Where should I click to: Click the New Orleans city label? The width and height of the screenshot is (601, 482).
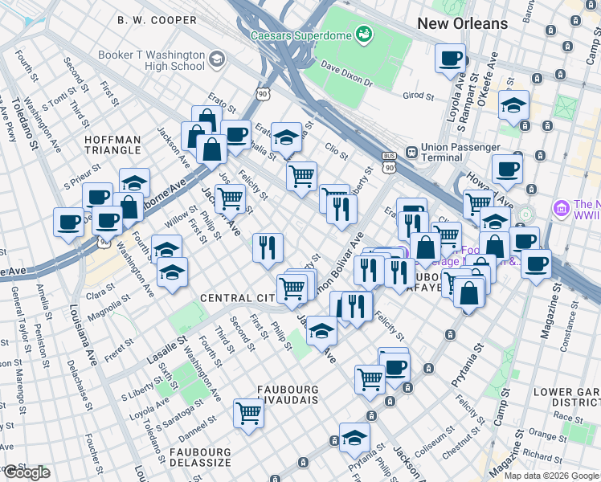click(x=462, y=23)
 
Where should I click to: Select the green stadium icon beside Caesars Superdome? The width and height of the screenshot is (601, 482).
click(x=364, y=34)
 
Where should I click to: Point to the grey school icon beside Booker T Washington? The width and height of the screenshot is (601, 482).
click(x=216, y=59)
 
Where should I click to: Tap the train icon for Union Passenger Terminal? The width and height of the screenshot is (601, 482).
click(x=411, y=151)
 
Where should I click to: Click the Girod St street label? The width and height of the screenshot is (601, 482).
click(x=418, y=96)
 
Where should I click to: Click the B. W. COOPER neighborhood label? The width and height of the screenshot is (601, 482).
click(x=157, y=20)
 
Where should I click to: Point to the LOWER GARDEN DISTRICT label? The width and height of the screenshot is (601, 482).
click(x=566, y=397)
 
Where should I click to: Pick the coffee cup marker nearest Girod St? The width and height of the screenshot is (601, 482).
click(x=450, y=59)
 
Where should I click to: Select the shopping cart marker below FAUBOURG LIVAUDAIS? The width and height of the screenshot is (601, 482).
click(x=249, y=414)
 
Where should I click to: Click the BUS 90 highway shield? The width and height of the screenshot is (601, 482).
click(x=390, y=161)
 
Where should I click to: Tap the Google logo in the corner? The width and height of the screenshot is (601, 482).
click(x=27, y=472)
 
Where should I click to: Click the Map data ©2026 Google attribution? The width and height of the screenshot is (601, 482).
click(x=551, y=476)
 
